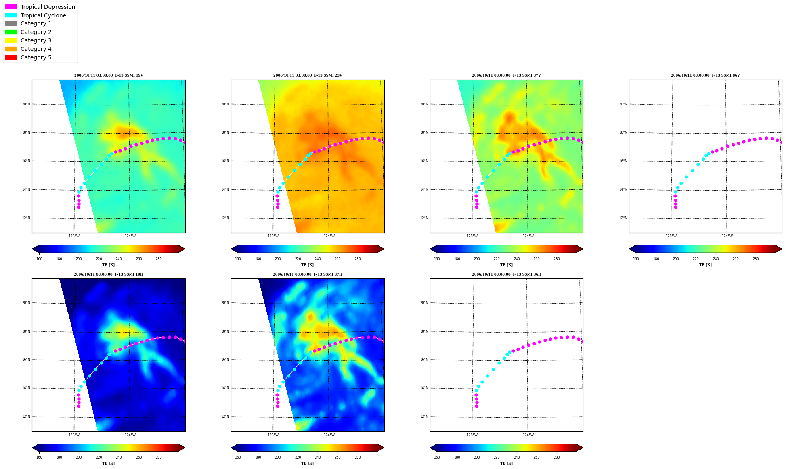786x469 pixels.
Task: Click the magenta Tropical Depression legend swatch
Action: click(11, 7)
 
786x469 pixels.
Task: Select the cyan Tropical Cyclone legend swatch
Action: click(11, 15)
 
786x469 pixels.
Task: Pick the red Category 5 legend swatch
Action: click(11, 57)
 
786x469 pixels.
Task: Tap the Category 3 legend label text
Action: click(36, 40)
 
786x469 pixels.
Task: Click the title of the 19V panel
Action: click(109, 75)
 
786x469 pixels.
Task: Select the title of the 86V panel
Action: click(705, 75)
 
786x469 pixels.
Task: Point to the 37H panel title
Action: click(308, 274)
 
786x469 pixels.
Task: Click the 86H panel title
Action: click(507, 274)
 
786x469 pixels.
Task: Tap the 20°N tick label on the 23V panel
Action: click(225, 104)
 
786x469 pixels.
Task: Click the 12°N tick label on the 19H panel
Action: click(26, 417)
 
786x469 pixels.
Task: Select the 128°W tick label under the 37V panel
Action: click(472, 236)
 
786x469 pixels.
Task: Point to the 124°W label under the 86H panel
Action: click(528, 435)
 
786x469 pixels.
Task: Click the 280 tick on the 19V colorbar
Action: click(159, 259)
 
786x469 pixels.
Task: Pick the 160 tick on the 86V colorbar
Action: click(636, 259)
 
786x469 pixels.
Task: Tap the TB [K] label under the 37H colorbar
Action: click(307, 463)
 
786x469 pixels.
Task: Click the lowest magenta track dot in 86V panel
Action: click(675, 207)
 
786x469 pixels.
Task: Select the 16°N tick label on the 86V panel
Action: click(623, 161)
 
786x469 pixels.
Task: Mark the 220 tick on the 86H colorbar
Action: click(497, 457)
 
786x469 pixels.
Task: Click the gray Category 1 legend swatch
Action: click(11, 23)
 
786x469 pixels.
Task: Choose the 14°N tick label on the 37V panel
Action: click(424, 189)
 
